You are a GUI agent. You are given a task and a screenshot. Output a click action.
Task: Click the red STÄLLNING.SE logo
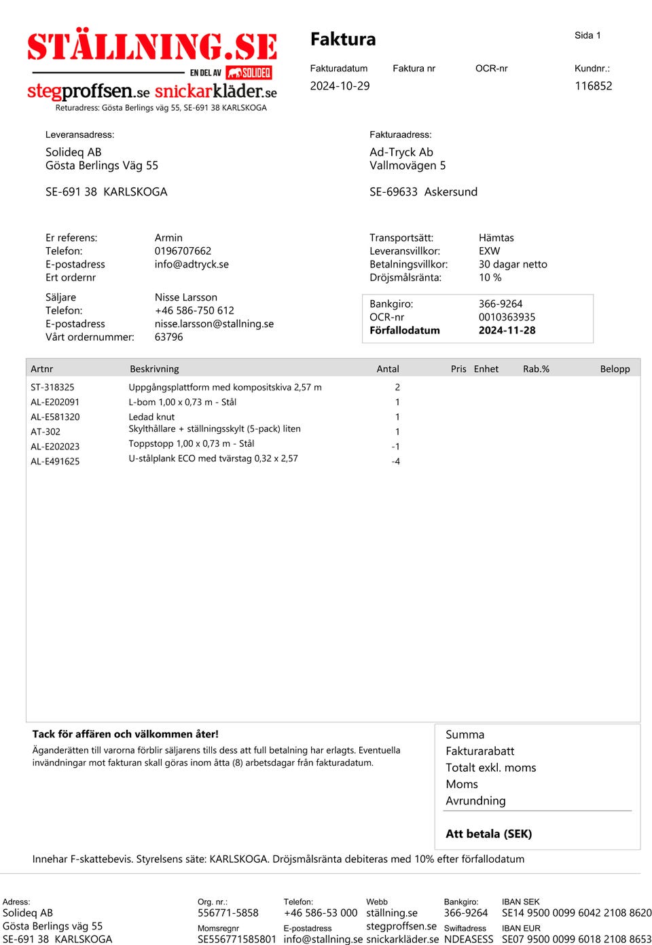pos(152,46)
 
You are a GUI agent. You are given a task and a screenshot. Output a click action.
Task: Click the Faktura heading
pos(343,39)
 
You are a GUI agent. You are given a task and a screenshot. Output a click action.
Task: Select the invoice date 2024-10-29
pos(340,86)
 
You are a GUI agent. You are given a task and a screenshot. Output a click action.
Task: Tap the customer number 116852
pos(593,86)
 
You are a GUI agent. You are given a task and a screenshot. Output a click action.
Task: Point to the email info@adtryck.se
pos(192,264)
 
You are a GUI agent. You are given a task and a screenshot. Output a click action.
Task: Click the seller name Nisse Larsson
pos(186,297)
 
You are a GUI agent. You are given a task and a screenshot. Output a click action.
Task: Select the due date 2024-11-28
pos(507,331)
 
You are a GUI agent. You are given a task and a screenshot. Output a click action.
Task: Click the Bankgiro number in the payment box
pos(501,304)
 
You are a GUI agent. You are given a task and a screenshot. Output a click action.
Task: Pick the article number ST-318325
pos(52,387)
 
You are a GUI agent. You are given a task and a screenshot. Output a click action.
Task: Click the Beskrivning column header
pos(154,369)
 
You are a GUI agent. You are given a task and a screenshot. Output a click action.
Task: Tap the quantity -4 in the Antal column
pos(395,462)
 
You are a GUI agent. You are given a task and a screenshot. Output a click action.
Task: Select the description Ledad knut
pos(151,417)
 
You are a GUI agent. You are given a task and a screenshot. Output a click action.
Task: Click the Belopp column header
pos(615,369)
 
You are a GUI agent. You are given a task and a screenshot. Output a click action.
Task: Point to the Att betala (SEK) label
pos(488,834)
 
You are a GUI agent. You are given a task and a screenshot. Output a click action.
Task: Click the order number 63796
pos(168,337)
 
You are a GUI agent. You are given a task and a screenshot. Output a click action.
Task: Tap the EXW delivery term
pos(489,251)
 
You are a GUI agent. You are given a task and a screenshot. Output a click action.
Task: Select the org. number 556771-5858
pos(228,913)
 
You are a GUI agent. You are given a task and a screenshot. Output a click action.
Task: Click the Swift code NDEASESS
pos(469,940)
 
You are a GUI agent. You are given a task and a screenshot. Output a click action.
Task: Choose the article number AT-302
pos(46,432)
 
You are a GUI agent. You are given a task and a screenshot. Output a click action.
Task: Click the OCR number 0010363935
pos(507,317)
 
